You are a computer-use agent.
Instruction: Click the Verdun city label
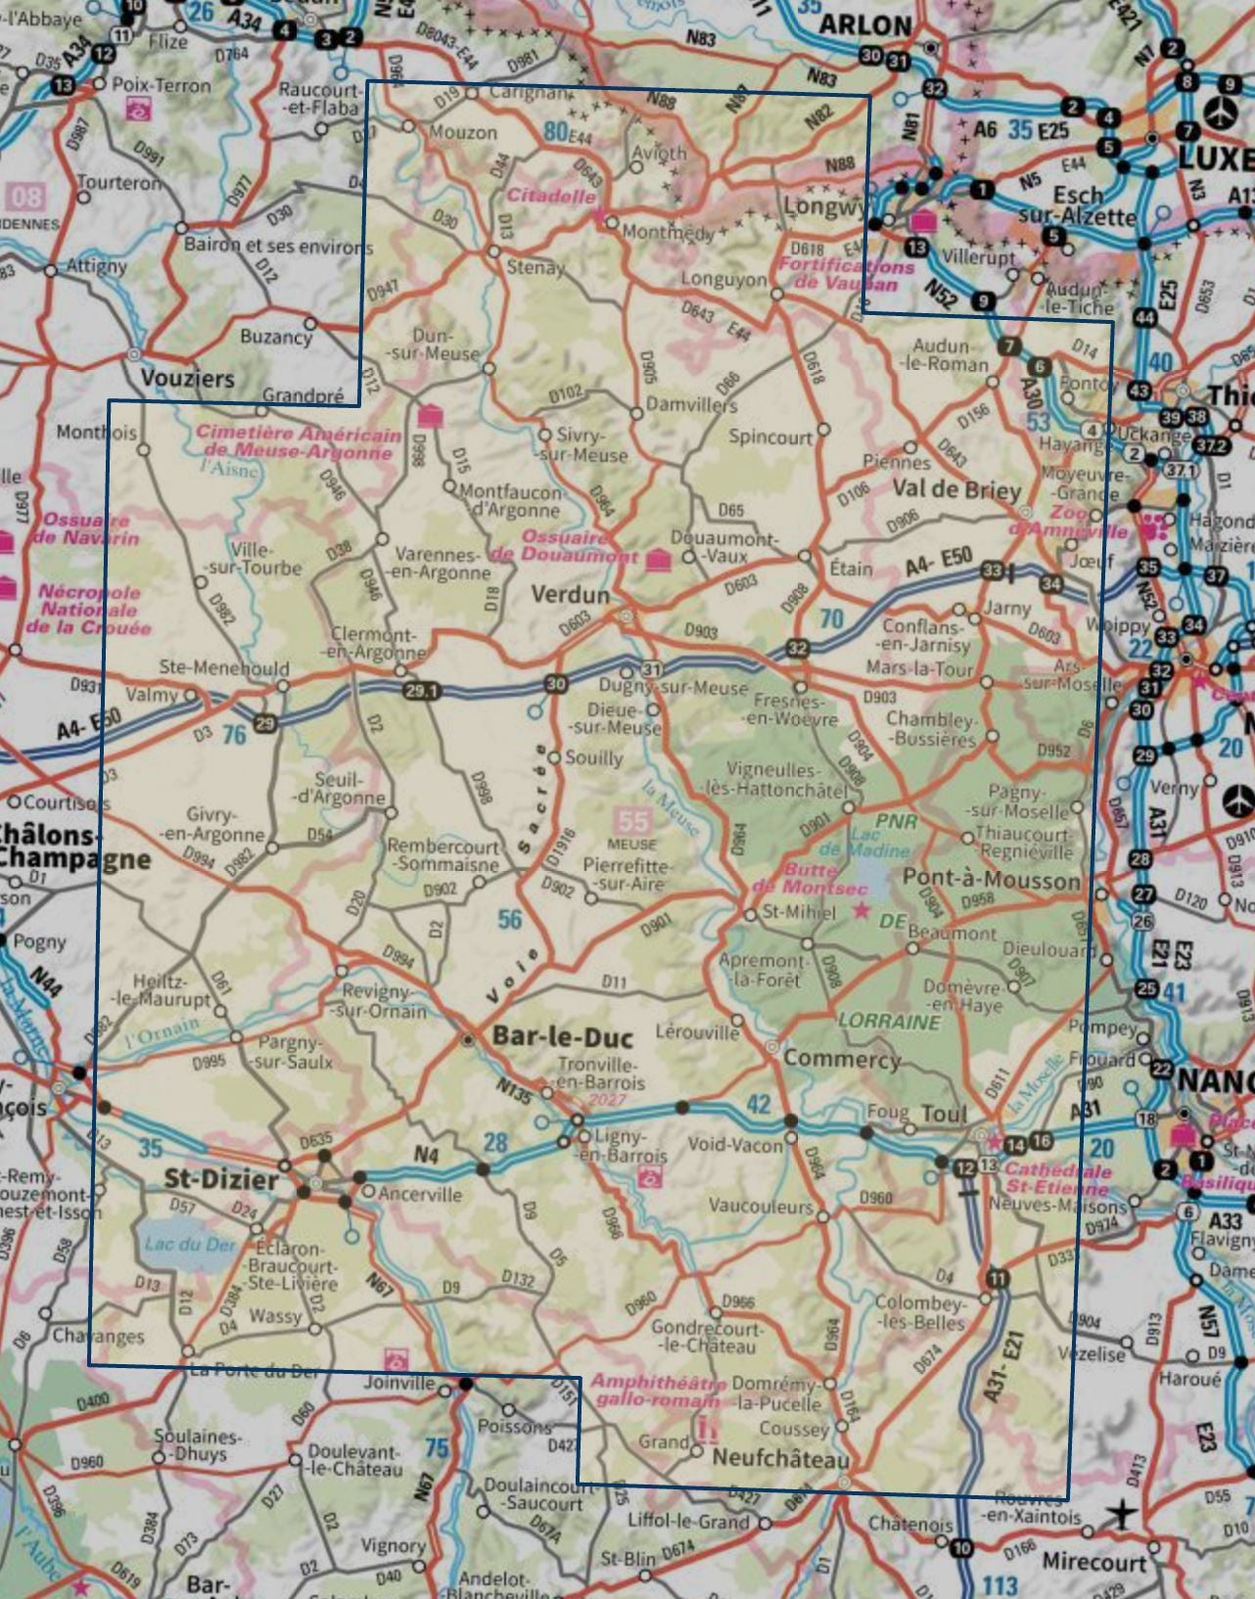(570, 594)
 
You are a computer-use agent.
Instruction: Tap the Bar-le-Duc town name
(563, 1036)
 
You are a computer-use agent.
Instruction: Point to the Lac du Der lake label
(190, 1245)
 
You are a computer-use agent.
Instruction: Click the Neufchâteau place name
(780, 1457)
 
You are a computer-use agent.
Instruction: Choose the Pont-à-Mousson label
(991, 878)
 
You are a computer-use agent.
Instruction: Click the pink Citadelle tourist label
(550, 195)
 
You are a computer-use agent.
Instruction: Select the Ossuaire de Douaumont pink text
(566, 546)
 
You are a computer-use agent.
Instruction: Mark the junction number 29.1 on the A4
(421, 691)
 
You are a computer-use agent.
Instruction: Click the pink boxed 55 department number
(632, 821)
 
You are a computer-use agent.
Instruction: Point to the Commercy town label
(841, 1058)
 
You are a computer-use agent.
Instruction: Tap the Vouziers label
(187, 379)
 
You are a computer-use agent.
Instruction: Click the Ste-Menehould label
(224, 668)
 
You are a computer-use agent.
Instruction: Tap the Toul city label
(944, 1114)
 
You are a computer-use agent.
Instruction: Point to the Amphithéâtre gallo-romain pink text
(658, 1391)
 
